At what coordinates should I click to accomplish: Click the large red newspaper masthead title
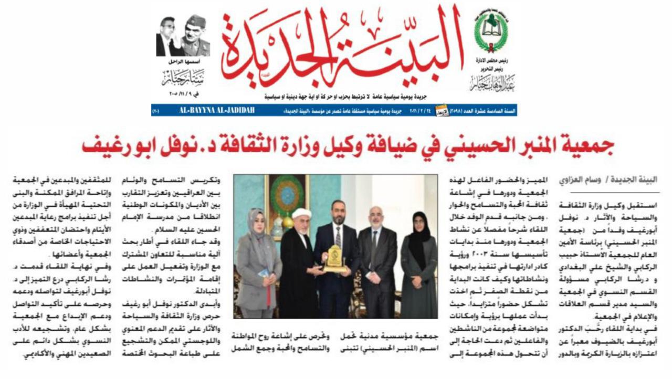click(x=341, y=50)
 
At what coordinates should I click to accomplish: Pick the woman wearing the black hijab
click(x=418, y=262)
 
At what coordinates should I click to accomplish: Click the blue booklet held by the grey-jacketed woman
click(x=264, y=272)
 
